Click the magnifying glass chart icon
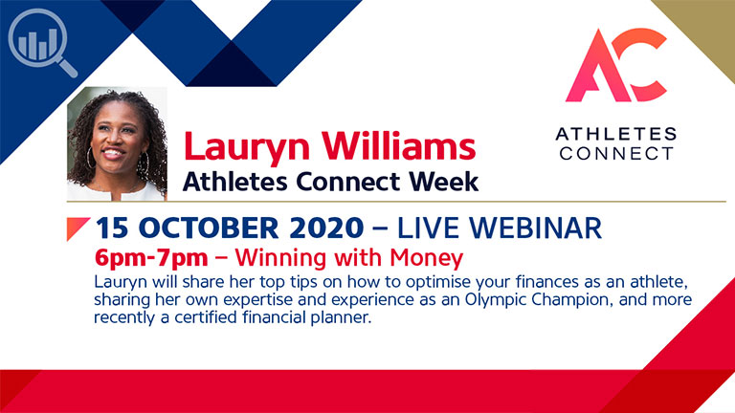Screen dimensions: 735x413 click(x=42, y=42)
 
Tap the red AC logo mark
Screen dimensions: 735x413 click(x=616, y=65)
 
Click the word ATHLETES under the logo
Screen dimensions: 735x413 click(x=616, y=135)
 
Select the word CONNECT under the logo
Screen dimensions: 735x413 click(x=616, y=153)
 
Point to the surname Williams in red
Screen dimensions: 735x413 click(x=398, y=145)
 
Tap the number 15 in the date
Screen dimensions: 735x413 click(x=113, y=228)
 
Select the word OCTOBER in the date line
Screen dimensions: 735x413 click(x=209, y=228)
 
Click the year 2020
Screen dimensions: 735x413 click(x=326, y=228)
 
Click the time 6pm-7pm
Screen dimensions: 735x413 click(x=151, y=258)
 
